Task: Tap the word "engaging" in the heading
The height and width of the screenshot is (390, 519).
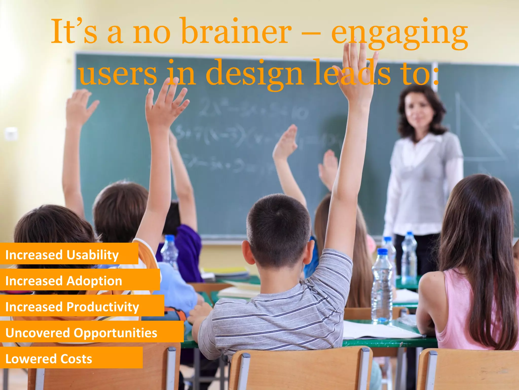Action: click(399, 33)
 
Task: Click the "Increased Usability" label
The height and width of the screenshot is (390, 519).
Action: click(62, 255)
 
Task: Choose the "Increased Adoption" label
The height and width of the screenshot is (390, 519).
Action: click(64, 281)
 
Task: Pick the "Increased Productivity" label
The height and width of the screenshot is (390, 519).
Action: click(72, 307)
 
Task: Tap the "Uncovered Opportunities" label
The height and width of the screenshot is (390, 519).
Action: click(81, 333)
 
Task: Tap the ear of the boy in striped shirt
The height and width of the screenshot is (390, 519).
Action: click(247, 251)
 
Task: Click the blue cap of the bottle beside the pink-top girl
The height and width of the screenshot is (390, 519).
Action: click(382, 251)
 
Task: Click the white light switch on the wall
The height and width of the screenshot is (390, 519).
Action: click(11, 133)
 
